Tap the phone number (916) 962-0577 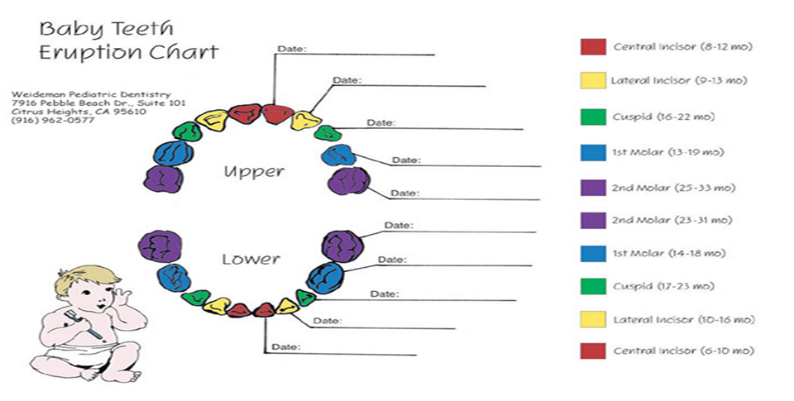click(53, 121)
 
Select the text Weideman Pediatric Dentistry click(91, 95)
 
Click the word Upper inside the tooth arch click(254, 172)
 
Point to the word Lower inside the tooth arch click(251, 260)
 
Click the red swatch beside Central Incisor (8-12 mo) click(593, 46)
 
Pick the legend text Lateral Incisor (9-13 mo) click(678, 80)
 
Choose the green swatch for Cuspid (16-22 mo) click(593, 117)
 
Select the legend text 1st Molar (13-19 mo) click(668, 152)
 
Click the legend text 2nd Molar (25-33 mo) click(673, 188)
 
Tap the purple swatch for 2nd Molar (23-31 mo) click(593, 220)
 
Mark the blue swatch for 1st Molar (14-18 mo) click(593, 254)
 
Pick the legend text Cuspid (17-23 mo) click(663, 286)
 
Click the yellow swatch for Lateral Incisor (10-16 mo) click(593, 319)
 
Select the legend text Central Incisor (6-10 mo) click(684, 351)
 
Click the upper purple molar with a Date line click(349, 181)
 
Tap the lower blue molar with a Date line click(324, 278)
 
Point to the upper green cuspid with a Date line click(328, 133)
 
